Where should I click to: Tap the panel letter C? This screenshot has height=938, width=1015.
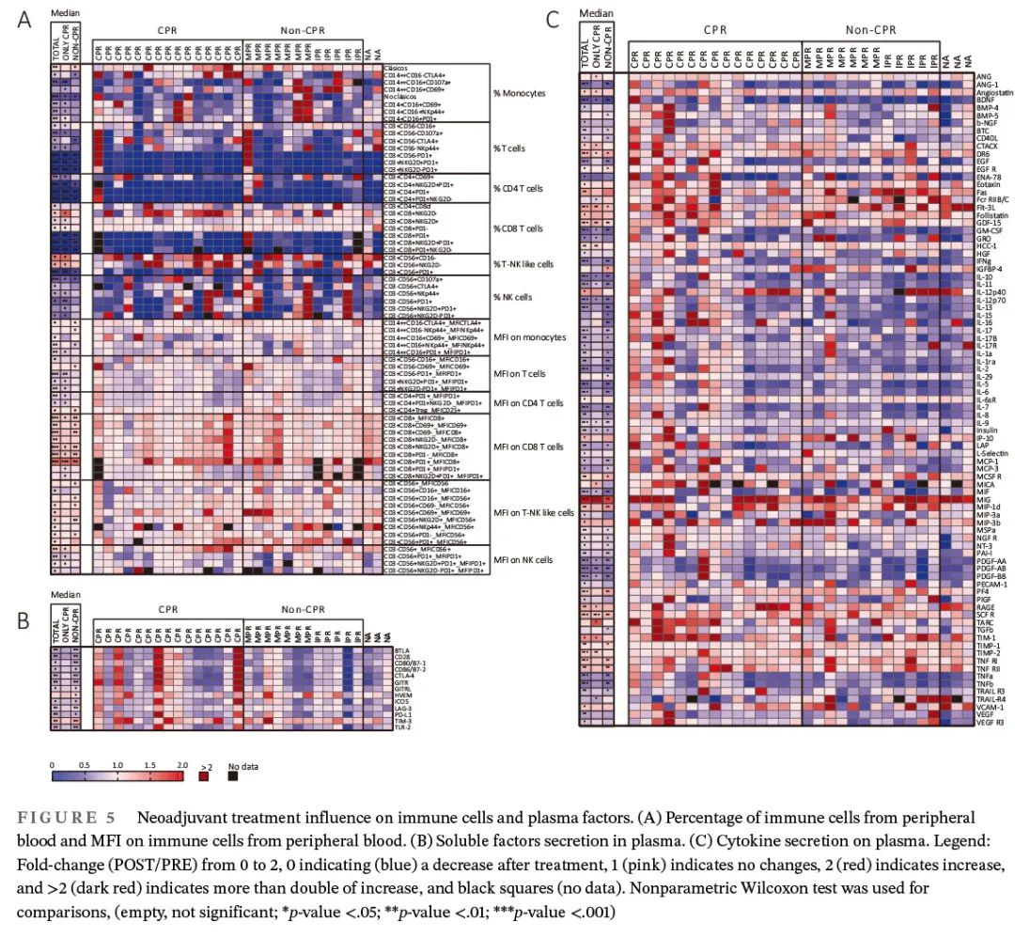(553, 18)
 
